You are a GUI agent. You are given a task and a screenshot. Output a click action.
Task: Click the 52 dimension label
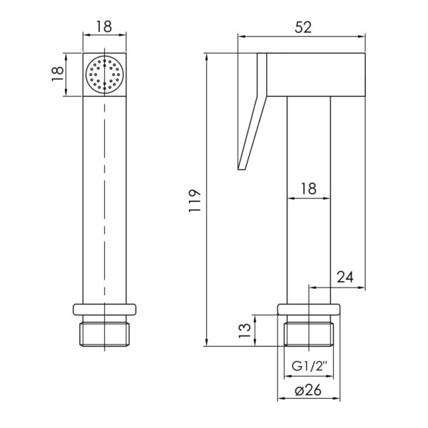[303, 28]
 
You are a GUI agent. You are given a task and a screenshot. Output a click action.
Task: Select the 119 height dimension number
[195, 200]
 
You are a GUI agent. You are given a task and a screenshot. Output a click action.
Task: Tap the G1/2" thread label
[309, 366]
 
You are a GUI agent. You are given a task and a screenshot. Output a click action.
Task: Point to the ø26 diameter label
[308, 391]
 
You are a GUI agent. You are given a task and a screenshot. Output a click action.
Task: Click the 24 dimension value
[345, 277]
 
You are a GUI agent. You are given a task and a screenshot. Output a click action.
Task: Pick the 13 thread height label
[244, 330]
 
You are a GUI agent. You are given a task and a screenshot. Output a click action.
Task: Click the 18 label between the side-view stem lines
[308, 188]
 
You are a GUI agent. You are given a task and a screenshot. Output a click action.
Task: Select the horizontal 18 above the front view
[104, 27]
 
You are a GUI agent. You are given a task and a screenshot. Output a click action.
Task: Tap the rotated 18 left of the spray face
[57, 74]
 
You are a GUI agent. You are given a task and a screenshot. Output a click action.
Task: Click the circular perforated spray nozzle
[105, 75]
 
